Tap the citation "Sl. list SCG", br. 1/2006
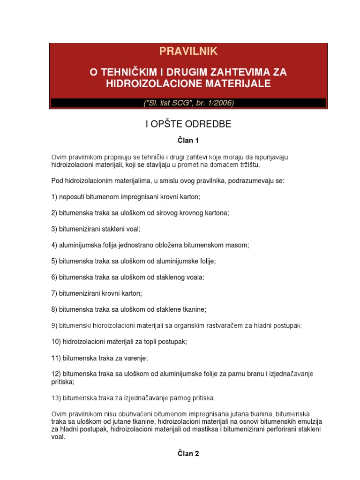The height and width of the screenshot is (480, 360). tap(188, 103)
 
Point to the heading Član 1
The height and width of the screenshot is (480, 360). tap(188, 140)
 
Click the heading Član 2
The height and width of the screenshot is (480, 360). tap(188, 453)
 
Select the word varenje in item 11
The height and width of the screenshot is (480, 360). tap(135, 358)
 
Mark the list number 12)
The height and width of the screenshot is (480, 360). tap(56, 374)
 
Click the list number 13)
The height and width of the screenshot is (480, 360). tap(56, 398)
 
